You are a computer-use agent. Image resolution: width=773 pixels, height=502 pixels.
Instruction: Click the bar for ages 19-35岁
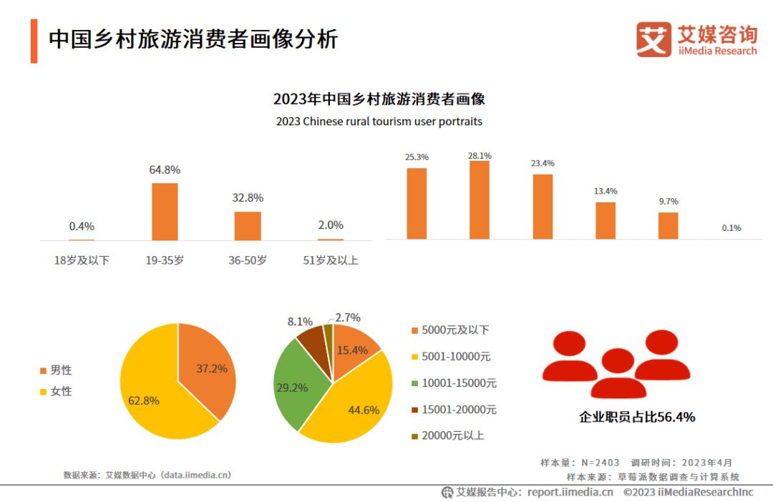coord(165,212)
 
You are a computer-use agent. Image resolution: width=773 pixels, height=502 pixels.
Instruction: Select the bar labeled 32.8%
coord(248,225)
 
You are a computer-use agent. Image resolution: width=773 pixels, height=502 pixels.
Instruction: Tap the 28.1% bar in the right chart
coord(480,200)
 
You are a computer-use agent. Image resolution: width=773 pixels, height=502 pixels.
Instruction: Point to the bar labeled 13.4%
coord(606,220)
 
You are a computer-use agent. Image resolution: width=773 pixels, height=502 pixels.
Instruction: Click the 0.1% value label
coord(731,228)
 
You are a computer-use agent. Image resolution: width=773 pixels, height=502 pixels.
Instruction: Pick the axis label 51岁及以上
coord(331,261)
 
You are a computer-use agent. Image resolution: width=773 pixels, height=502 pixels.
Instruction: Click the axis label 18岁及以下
coord(82,261)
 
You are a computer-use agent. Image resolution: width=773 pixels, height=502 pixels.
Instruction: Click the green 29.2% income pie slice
coord(297,383)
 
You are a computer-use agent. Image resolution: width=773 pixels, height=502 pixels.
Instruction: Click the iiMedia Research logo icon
coord(653,39)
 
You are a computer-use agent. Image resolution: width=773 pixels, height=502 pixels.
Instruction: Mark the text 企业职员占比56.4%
coord(637,417)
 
